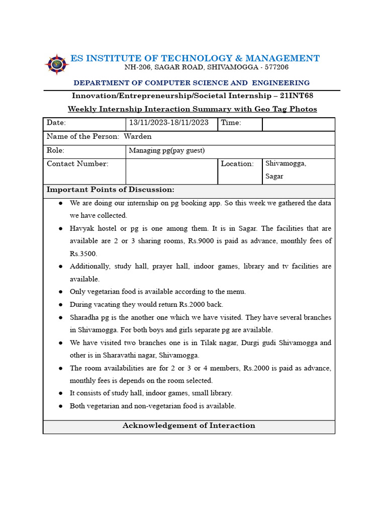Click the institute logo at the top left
click(57, 64)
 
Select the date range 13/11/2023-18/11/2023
click(169, 123)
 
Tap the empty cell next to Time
click(298, 124)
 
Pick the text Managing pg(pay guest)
click(167, 150)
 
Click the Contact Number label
click(77, 163)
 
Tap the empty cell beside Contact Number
click(171, 171)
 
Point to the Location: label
click(237, 163)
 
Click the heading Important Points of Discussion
click(111, 190)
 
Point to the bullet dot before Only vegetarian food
click(60, 292)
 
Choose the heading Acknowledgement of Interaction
click(188, 425)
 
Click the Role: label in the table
click(55, 150)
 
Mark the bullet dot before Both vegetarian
click(60, 406)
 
